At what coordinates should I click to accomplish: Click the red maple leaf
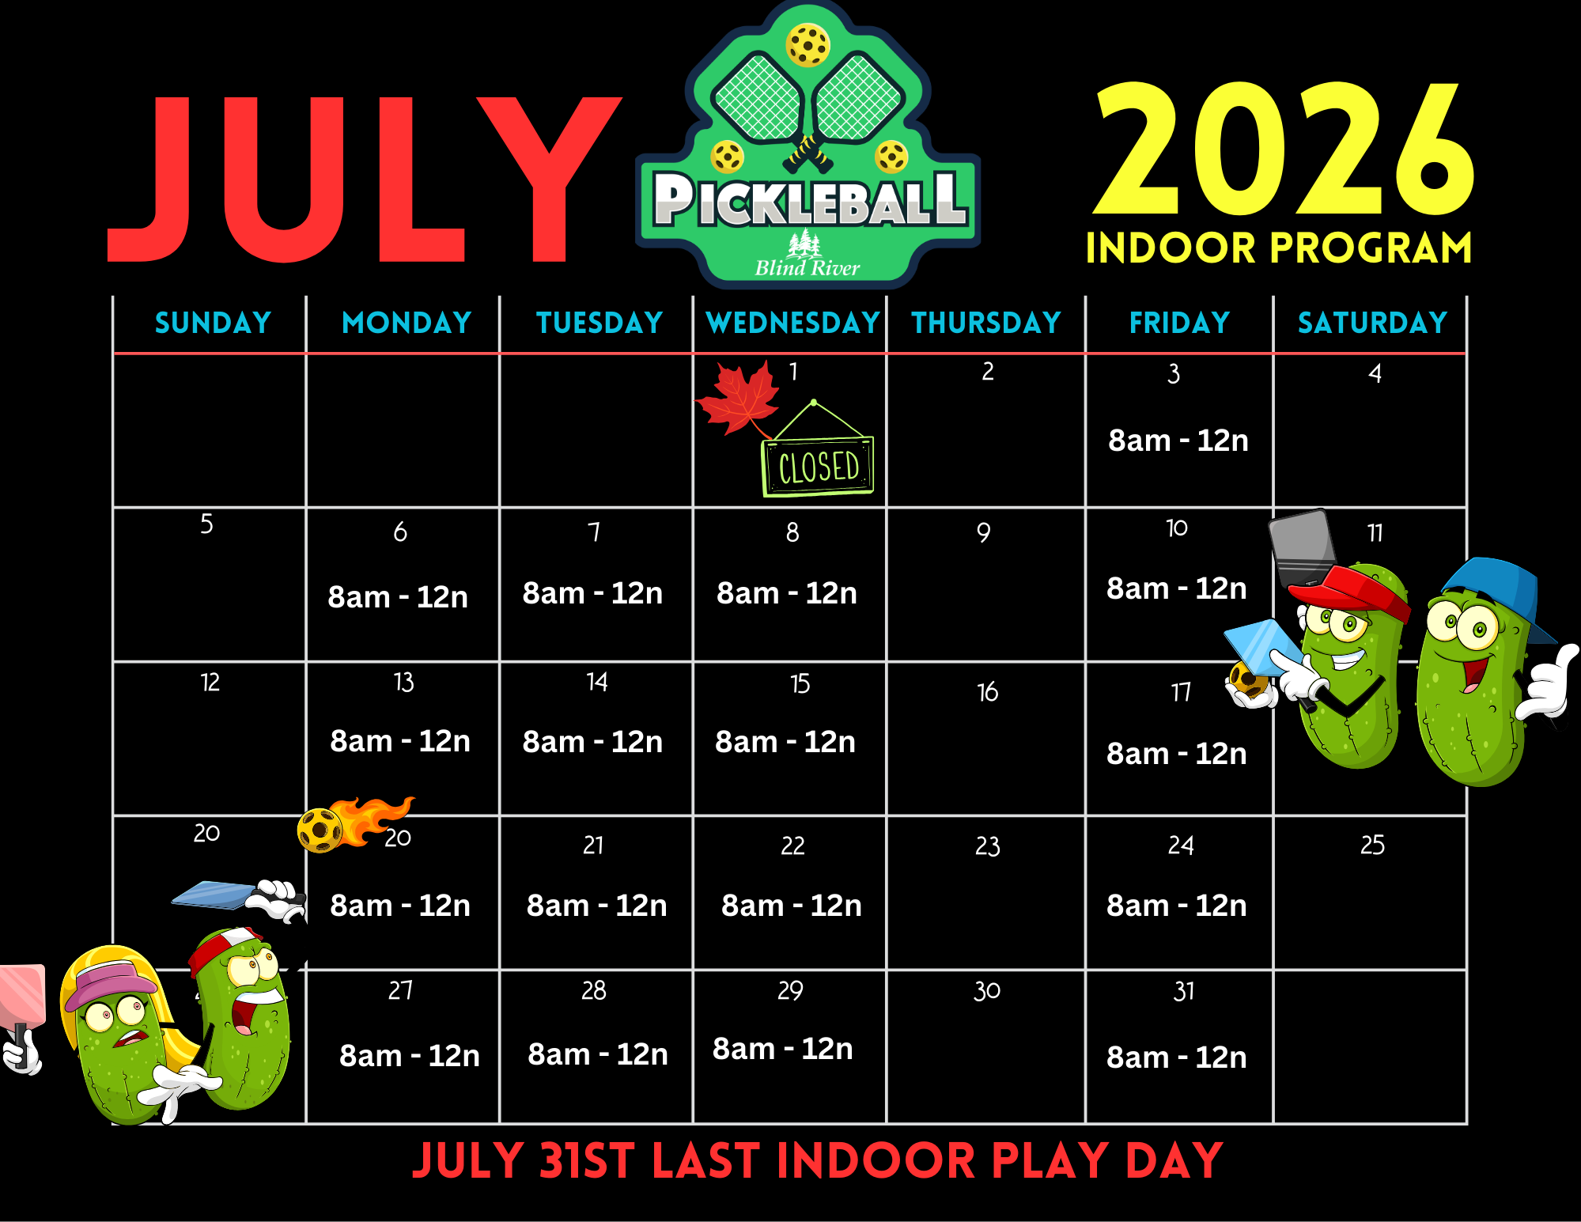point(737,398)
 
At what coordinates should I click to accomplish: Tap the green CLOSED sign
point(819,466)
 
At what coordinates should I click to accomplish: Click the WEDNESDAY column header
point(793,323)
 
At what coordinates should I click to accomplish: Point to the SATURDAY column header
point(1372,323)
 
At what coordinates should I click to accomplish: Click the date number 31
point(1184,991)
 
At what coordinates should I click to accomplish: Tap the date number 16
point(988,692)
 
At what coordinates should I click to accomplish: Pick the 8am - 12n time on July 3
point(1178,441)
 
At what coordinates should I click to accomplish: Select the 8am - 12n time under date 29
point(783,1049)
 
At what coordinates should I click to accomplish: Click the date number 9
point(984,532)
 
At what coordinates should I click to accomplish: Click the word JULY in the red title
point(365,180)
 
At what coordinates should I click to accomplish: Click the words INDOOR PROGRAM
point(1279,248)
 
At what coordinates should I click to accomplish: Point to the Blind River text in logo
point(808,268)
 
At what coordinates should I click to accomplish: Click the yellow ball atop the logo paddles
point(808,45)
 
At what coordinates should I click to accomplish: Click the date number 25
point(1372,845)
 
